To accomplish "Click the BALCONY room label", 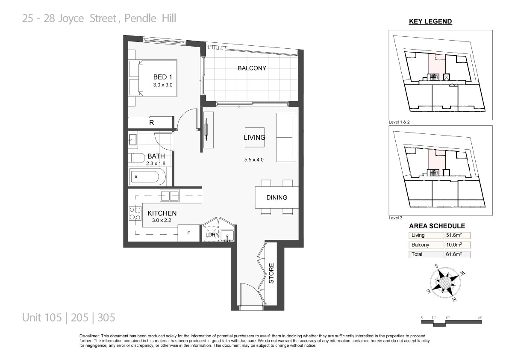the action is pyautogui.click(x=252, y=68).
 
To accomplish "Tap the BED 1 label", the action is pyautogui.click(x=163, y=77).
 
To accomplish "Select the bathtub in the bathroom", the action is pyautogui.click(x=147, y=177).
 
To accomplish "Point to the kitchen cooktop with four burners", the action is pyautogui.click(x=135, y=213).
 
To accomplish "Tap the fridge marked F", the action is pyautogui.click(x=188, y=233).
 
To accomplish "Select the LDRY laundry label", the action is pyautogui.click(x=212, y=235).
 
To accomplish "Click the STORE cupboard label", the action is pyautogui.click(x=271, y=273).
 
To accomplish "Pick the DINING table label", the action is pyautogui.click(x=277, y=198).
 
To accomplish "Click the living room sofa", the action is pyautogui.click(x=286, y=137).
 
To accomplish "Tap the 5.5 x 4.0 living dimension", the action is pyautogui.click(x=254, y=160).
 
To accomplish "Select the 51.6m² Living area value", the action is pyautogui.click(x=454, y=235).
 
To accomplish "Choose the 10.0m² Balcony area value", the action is pyautogui.click(x=454, y=245).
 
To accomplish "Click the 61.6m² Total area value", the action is pyautogui.click(x=454, y=254).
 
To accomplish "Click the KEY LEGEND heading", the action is pyautogui.click(x=430, y=21).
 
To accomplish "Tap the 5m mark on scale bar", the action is pyautogui.click(x=480, y=317).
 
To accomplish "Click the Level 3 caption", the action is pyautogui.click(x=395, y=218).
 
